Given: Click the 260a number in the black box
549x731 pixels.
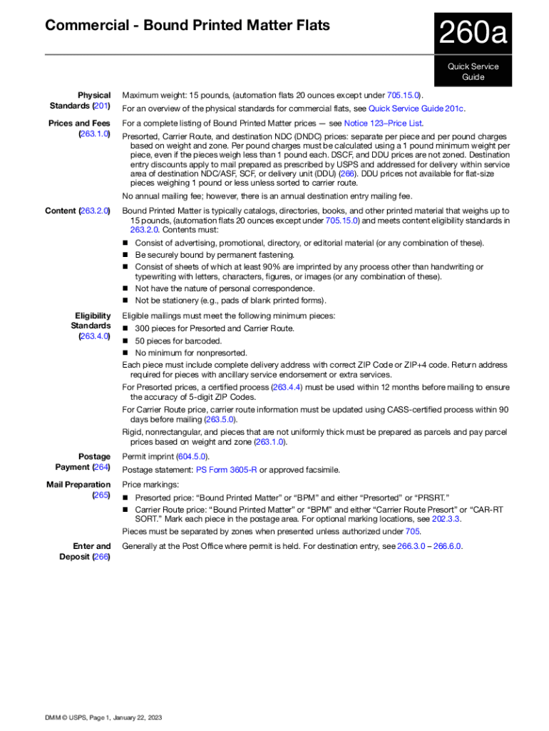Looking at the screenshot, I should pos(473,34).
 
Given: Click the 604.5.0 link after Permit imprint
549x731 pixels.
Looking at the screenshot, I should pos(192,457).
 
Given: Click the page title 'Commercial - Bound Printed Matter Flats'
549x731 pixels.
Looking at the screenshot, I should pos(188,26).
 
